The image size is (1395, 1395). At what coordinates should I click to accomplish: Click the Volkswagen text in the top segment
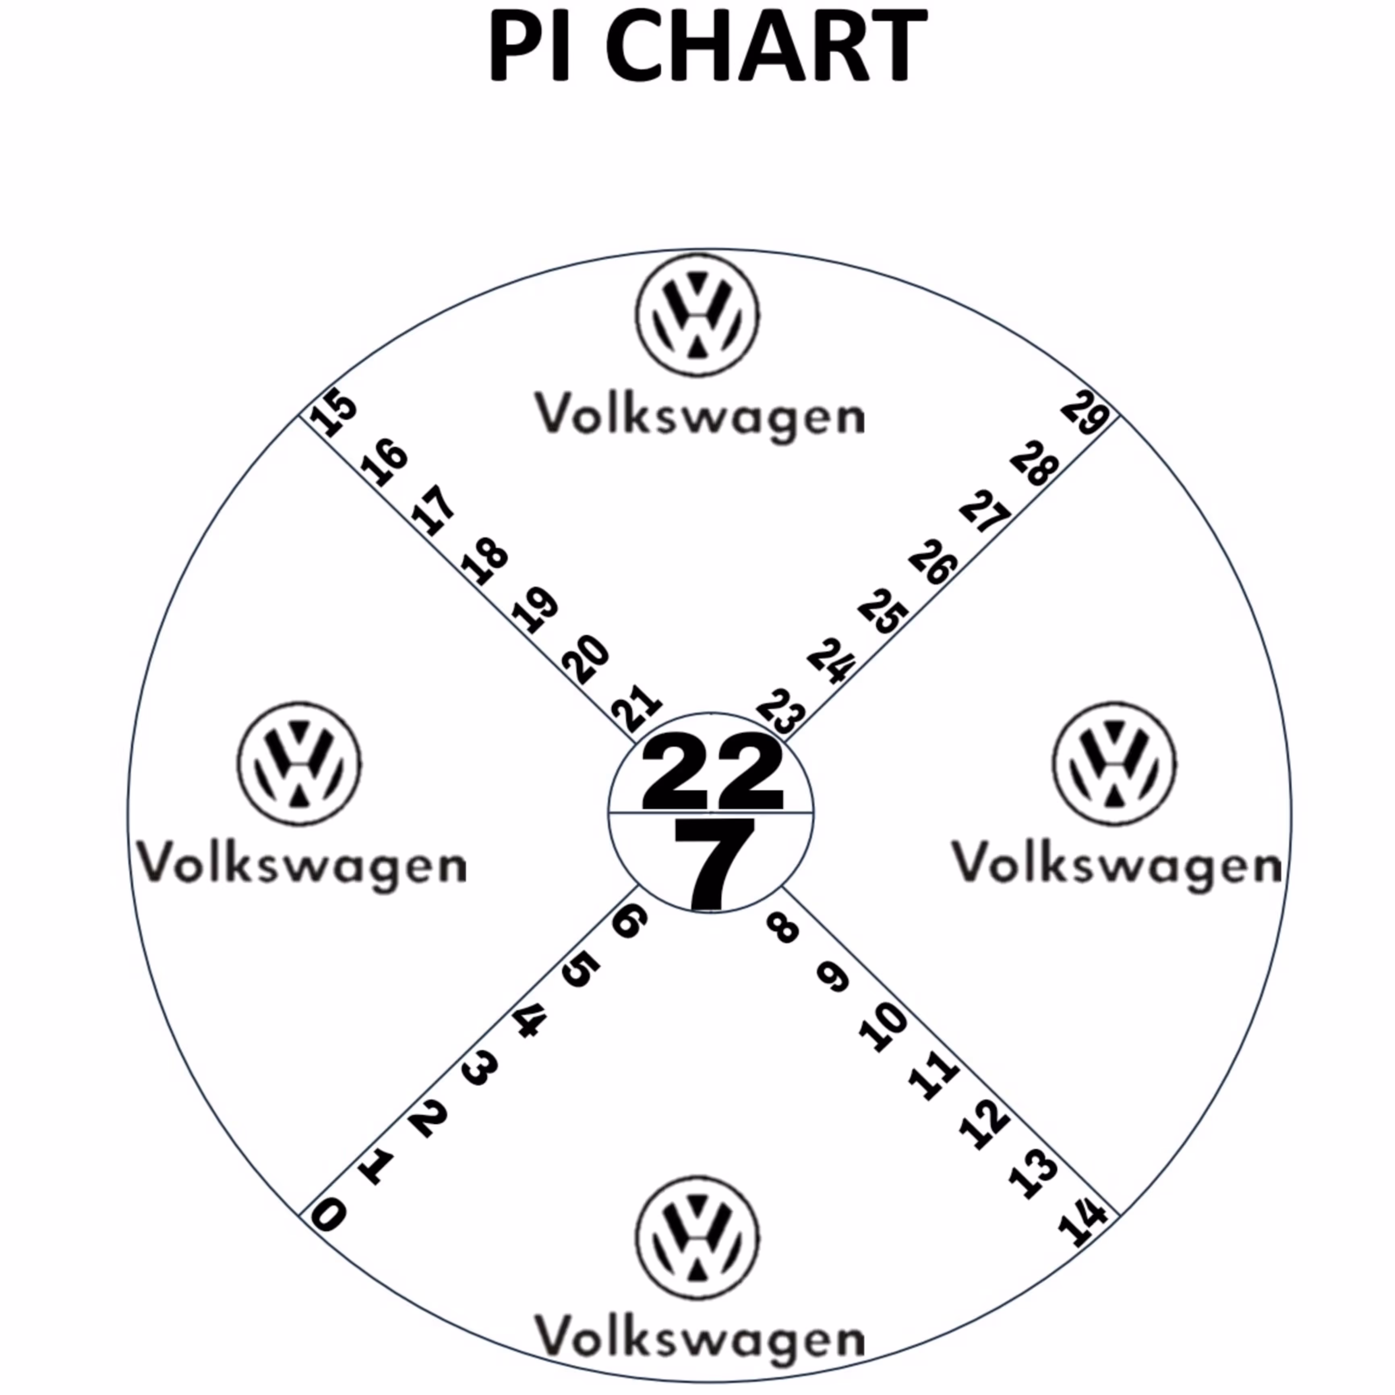pos(699,417)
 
